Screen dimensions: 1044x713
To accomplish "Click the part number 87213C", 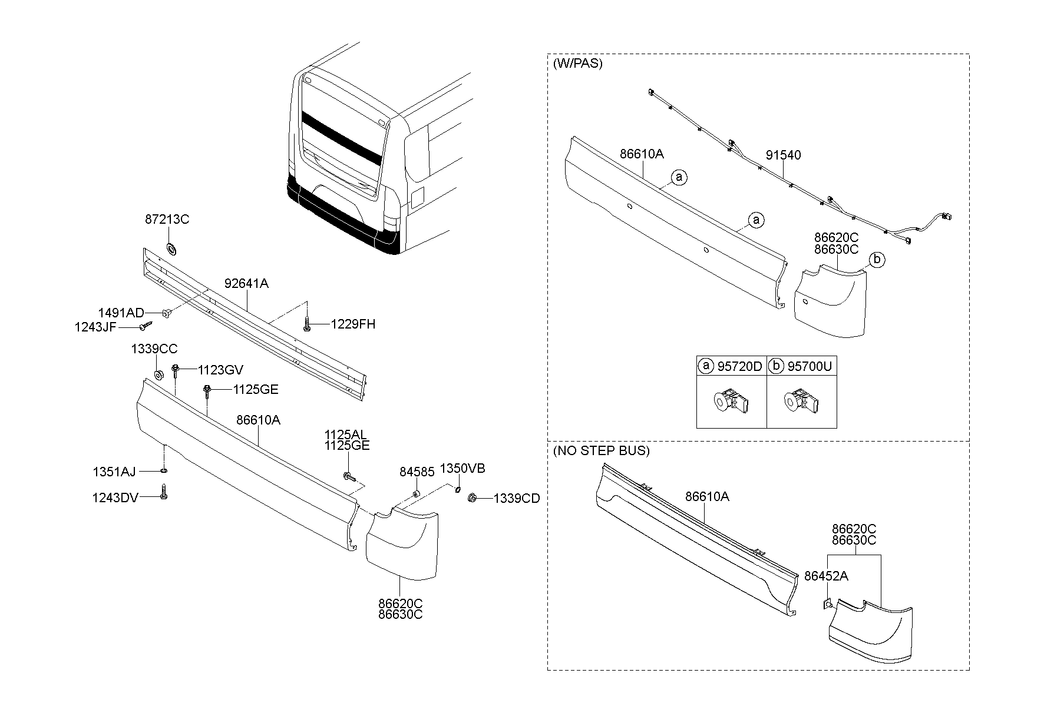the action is click(167, 220).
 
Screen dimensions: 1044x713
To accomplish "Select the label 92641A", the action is click(246, 283).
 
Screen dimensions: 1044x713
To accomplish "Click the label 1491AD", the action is click(121, 313).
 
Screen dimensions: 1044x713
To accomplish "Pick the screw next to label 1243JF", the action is click(146, 326).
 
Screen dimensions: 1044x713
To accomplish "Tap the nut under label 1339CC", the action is click(158, 375).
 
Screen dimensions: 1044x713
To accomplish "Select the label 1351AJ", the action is click(114, 472).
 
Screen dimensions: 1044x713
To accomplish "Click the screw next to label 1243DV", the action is click(164, 492).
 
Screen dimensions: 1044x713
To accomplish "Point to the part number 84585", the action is click(417, 472).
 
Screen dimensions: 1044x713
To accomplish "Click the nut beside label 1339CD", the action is click(472, 498).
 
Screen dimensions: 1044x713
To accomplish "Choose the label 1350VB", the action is click(463, 469).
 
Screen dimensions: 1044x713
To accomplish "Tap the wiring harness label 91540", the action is click(783, 155).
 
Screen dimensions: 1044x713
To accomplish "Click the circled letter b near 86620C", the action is click(877, 260).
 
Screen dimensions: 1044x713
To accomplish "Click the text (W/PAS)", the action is click(577, 64).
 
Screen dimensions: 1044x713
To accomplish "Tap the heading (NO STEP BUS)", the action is click(601, 451).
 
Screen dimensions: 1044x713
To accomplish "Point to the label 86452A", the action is click(826, 576).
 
